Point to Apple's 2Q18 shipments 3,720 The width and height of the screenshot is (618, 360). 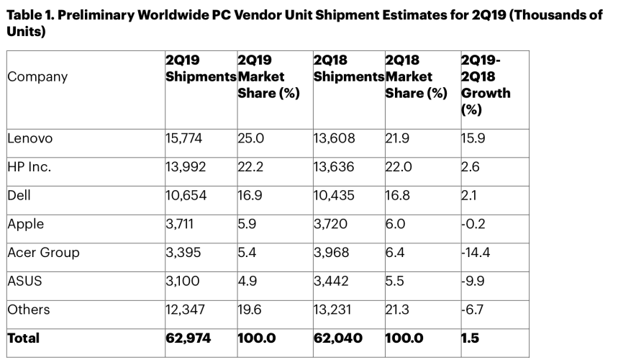[332, 223]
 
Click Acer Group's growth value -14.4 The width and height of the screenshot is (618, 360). [478, 252]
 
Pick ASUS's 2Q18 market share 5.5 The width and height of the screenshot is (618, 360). [395, 281]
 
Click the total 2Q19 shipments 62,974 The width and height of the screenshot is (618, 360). [188, 338]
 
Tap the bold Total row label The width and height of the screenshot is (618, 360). [24, 338]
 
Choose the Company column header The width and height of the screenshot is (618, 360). [37, 77]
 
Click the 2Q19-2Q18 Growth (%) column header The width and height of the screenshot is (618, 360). [486, 85]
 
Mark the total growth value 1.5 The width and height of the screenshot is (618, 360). [470, 338]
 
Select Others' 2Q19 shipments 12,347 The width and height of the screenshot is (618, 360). [185, 310]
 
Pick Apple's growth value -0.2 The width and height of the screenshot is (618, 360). [474, 223]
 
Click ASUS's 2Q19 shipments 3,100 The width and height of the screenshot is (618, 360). [181, 281]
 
